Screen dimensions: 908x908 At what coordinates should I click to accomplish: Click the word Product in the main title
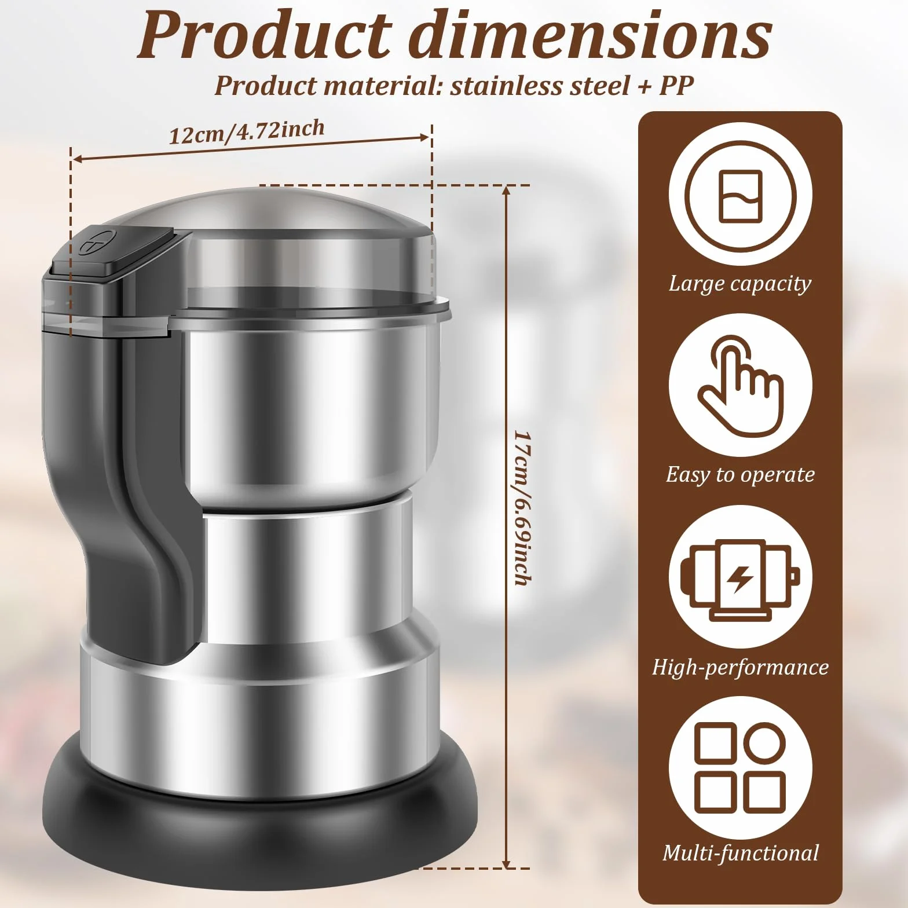point(264,35)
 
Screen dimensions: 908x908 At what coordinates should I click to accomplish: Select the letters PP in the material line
point(676,86)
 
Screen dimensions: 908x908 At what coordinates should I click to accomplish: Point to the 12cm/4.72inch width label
point(247,131)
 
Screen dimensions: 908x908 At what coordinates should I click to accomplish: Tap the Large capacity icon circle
point(740,195)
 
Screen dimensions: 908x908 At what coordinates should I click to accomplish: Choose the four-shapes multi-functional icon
point(740,767)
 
